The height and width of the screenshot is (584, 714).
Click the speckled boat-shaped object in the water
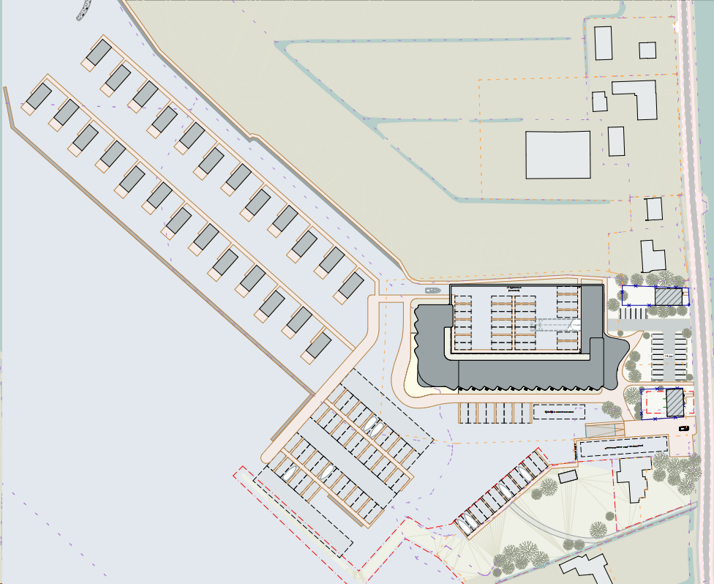coord(83,10)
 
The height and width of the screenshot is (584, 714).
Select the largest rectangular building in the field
coord(558,154)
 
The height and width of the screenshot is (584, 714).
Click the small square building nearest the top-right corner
coord(647,50)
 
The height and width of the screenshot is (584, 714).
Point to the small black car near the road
coord(684,427)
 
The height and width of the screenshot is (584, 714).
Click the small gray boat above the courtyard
coord(431,291)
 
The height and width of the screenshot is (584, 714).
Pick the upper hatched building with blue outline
coord(667,297)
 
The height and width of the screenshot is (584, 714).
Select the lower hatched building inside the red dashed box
coord(674,401)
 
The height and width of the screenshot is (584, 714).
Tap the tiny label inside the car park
coord(668,356)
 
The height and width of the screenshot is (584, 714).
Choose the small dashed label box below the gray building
coord(559,412)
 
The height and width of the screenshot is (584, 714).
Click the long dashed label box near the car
coord(623,446)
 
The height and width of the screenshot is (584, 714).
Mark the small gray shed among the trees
coord(568,476)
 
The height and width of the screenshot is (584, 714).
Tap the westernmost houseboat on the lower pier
coord(38,95)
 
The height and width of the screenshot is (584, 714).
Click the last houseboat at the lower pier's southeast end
coord(318,345)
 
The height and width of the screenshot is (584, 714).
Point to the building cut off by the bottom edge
coord(585,569)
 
